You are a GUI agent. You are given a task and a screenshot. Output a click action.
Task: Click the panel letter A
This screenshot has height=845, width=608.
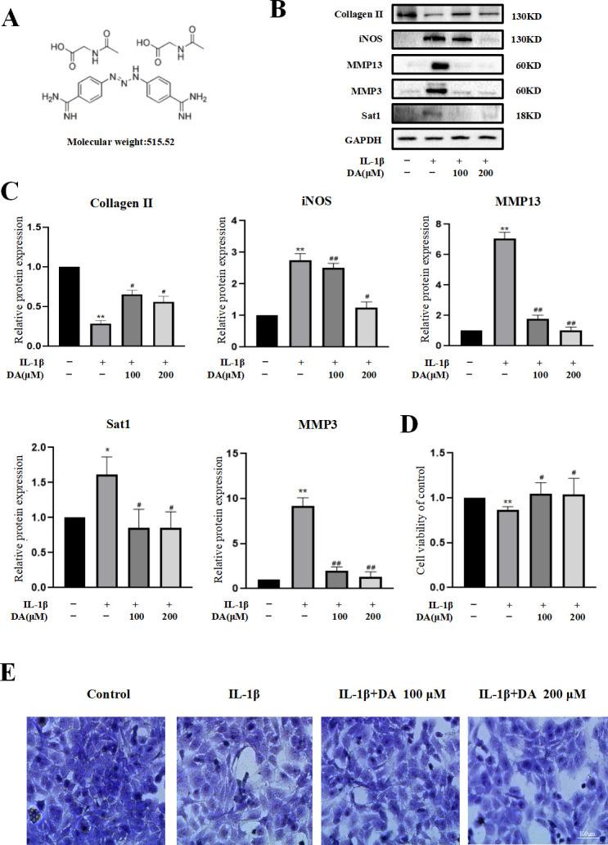[12, 18]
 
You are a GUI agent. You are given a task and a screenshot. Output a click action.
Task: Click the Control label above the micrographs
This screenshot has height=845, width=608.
[109, 694]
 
